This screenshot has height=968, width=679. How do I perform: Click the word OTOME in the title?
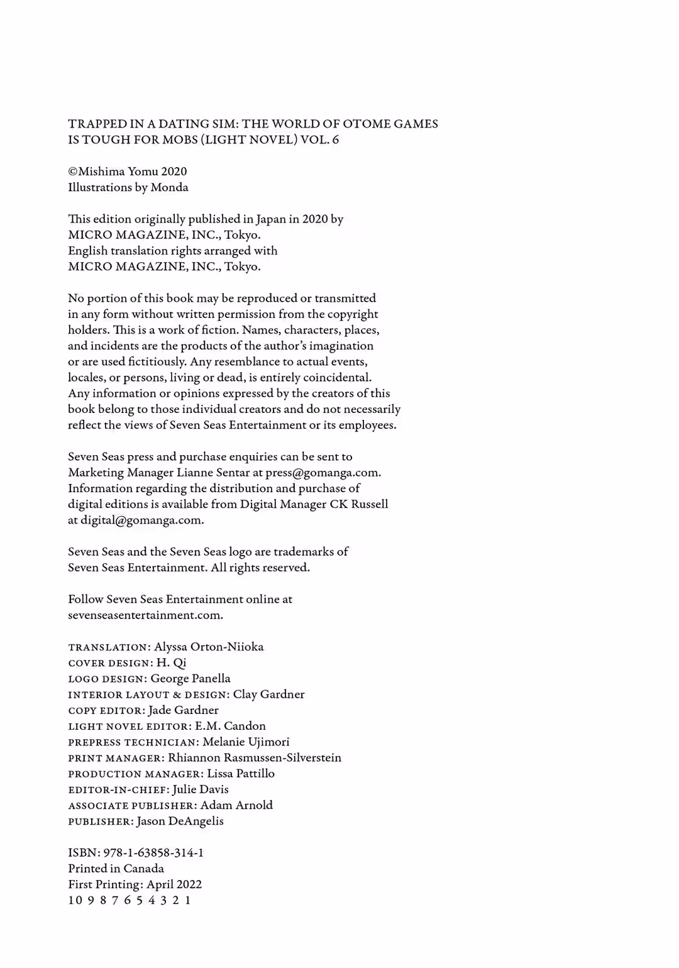click(366, 124)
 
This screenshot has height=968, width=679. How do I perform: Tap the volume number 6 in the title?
click(336, 140)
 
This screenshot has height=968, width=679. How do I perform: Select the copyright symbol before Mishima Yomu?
click(72, 172)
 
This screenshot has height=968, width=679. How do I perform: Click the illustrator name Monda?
click(169, 187)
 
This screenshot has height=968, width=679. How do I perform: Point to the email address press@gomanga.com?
click(323, 473)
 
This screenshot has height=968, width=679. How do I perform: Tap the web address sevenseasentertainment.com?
click(145, 615)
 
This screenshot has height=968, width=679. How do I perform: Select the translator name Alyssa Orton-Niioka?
click(209, 647)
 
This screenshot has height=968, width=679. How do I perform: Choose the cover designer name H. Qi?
click(172, 663)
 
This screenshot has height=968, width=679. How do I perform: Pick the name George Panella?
click(190, 678)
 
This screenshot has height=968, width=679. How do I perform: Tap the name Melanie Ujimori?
click(246, 742)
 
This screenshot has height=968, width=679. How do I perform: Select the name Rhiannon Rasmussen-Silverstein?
click(255, 757)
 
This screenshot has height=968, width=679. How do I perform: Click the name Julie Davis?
click(201, 789)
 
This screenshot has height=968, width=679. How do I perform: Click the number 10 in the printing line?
click(75, 900)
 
